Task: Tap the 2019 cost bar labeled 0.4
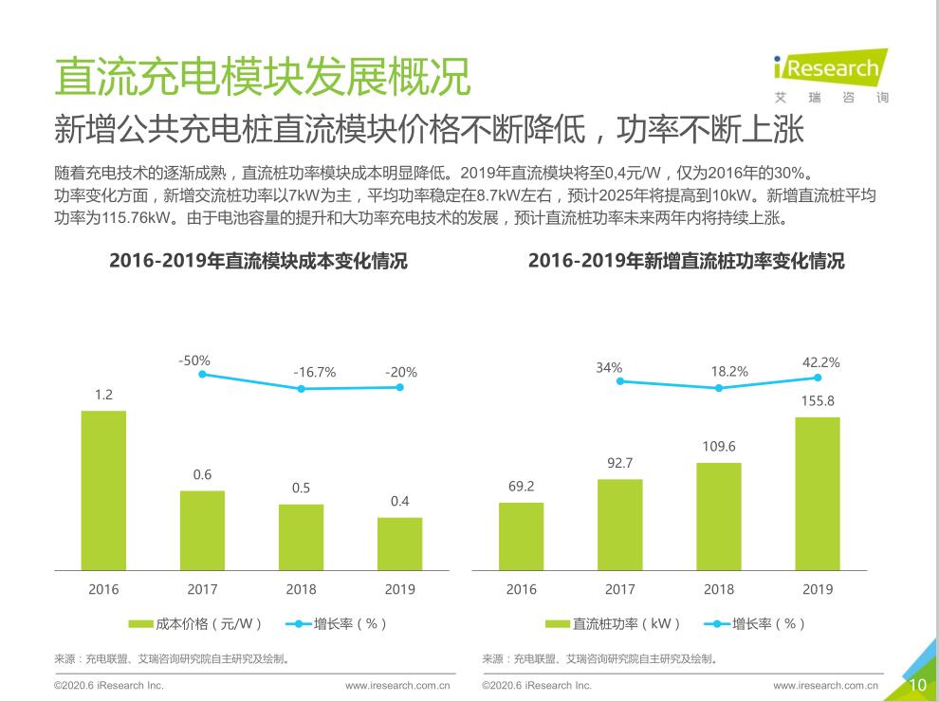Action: pyautogui.click(x=399, y=544)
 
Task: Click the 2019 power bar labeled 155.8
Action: pyautogui.click(x=818, y=493)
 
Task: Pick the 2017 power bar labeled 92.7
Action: pyautogui.click(x=620, y=525)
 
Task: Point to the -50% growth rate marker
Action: pyautogui.click(x=202, y=375)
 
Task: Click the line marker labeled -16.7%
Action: pyautogui.click(x=301, y=389)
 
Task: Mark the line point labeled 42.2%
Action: pyautogui.click(x=818, y=378)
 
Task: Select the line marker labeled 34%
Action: pyautogui.click(x=620, y=381)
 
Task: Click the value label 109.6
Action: pyautogui.click(x=719, y=446)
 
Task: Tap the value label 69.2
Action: pyautogui.click(x=522, y=487)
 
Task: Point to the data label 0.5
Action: pyautogui.click(x=301, y=489)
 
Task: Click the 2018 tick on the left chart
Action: pyautogui.click(x=301, y=589)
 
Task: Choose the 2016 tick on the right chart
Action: pyautogui.click(x=522, y=589)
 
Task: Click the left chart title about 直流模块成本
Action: pyautogui.click(x=258, y=261)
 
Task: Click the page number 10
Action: pyautogui.click(x=917, y=685)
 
